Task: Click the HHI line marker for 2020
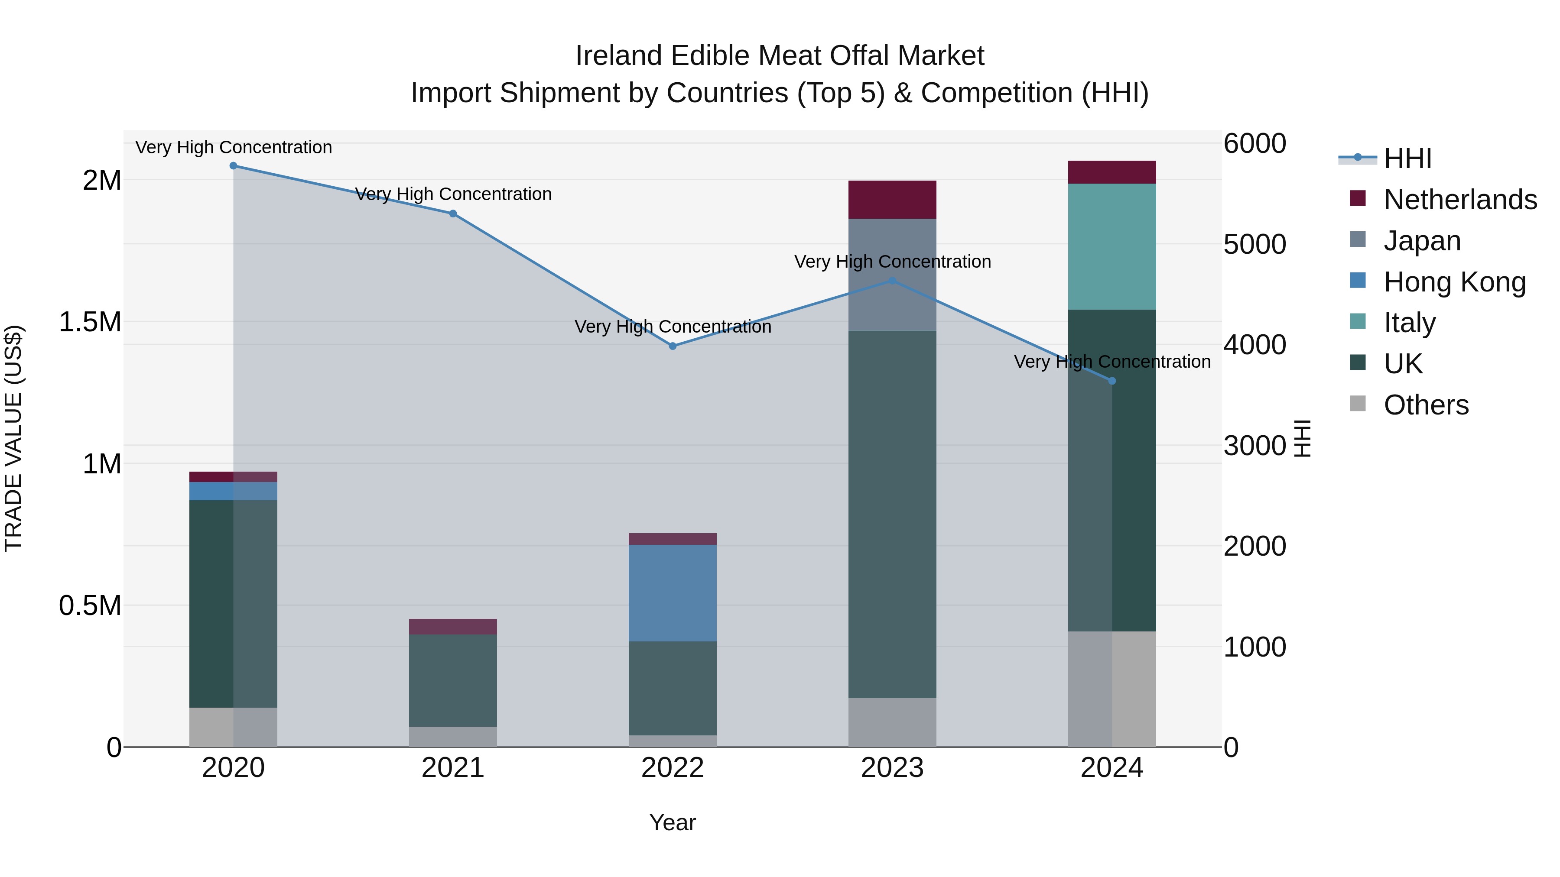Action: (x=233, y=166)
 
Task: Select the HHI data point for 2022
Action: (x=672, y=346)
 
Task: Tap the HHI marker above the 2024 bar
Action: (x=1112, y=381)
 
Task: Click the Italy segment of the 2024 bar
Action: (x=1112, y=246)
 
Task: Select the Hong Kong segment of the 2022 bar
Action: (x=672, y=593)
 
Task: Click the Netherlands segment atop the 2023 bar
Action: (x=892, y=199)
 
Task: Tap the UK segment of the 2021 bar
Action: (x=453, y=680)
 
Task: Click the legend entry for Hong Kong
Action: (x=1454, y=282)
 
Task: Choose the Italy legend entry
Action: (x=1409, y=323)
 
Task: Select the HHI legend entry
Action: (x=1407, y=159)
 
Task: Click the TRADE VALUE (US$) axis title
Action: (x=13, y=438)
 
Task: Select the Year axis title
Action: (x=672, y=822)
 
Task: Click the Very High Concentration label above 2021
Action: (x=453, y=194)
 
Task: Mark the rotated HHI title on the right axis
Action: (x=1303, y=438)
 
